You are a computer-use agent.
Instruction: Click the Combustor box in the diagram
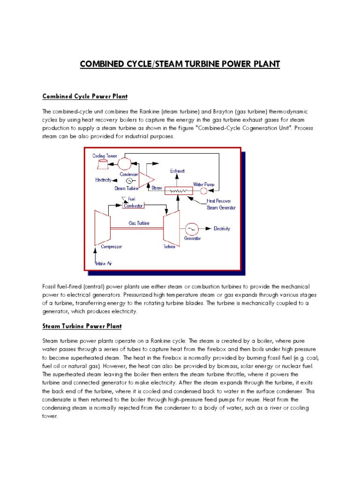(x=133, y=205)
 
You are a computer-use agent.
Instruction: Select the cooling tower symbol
(x=102, y=164)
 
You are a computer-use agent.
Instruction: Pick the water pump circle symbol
(x=204, y=191)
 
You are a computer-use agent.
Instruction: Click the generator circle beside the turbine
(x=191, y=229)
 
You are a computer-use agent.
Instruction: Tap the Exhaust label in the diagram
(x=178, y=172)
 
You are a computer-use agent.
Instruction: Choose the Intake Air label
(x=104, y=264)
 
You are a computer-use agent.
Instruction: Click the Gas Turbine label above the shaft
(x=139, y=223)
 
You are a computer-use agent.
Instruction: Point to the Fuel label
(x=132, y=199)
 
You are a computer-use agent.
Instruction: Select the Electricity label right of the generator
(x=222, y=229)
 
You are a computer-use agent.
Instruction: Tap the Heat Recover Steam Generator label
(x=221, y=204)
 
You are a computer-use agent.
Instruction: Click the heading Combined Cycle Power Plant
(x=85, y=96)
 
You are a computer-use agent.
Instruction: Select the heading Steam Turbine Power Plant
(x=82, y=326)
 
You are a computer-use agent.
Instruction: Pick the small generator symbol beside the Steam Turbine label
(x=130, y=181)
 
